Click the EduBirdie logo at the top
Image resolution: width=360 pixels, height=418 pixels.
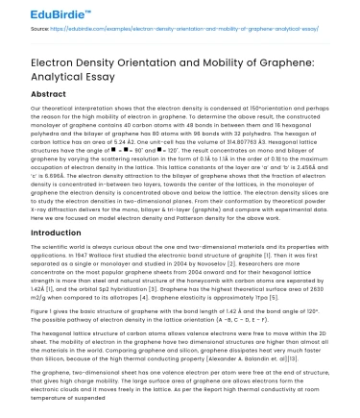(39, 12)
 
